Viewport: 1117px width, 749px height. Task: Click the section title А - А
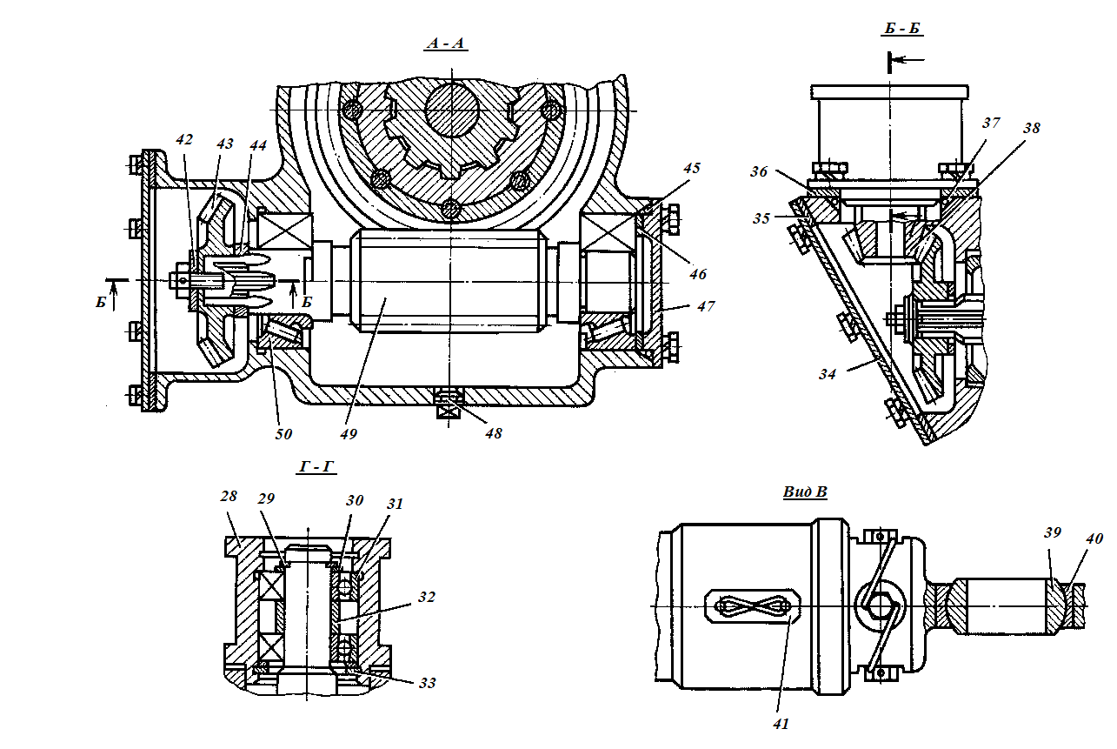point(446,43)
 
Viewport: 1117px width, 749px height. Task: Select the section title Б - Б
point(901,28)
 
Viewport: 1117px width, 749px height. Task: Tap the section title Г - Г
point(316,466)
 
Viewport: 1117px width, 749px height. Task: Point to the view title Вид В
point(805,492)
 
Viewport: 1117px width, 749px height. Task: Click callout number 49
point(349,434)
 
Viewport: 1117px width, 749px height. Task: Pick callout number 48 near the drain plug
point(494,433)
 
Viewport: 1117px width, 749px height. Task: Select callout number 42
point(184,139)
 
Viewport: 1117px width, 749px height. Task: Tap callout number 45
point(692,168)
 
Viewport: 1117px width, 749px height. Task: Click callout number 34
point(828,374)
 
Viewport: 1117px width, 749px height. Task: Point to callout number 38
point(1032,128)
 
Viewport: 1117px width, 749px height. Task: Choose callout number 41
point(781,724)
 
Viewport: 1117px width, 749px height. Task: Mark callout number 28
point(229,496)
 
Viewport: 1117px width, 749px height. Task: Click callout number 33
point(428,683)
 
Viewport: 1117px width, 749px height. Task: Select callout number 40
point(1094,538)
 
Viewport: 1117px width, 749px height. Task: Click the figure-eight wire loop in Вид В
point(753,606)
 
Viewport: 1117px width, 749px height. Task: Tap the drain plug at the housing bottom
point(449,405)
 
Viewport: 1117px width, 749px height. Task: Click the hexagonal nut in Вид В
point(881,605)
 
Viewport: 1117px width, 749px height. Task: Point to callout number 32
point(426,597)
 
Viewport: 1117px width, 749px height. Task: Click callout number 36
point(759,171)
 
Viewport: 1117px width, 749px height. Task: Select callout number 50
point(283,434)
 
